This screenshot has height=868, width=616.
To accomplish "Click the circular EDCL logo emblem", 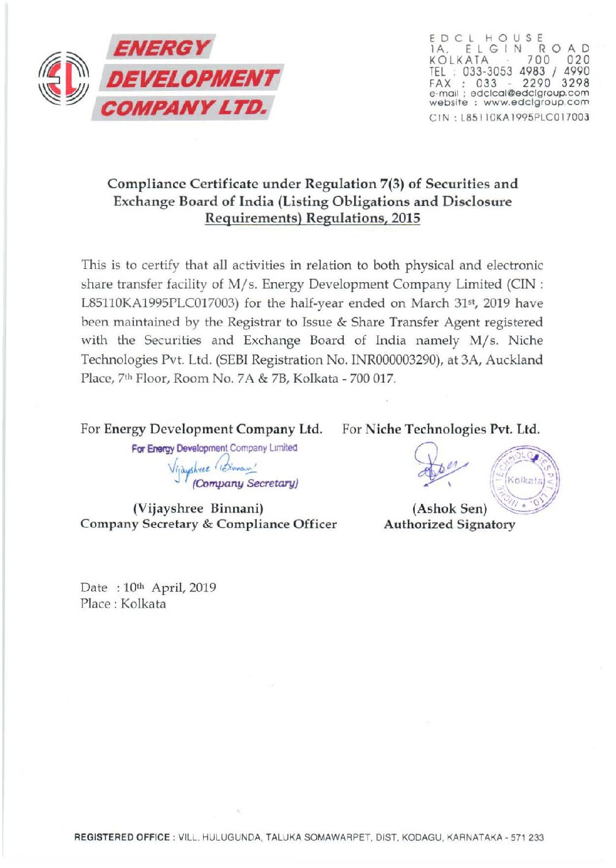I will (x=63, y=78).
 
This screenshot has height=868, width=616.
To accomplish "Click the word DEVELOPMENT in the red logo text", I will (x=192, y=78).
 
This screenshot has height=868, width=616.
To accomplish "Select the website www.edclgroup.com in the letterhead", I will (x=536, y=102).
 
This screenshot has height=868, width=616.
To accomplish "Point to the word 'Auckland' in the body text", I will (x=514, y=360).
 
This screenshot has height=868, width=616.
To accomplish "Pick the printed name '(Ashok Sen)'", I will (x=449, y=508).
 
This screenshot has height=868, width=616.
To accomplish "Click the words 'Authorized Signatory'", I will (x=449, y=524).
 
